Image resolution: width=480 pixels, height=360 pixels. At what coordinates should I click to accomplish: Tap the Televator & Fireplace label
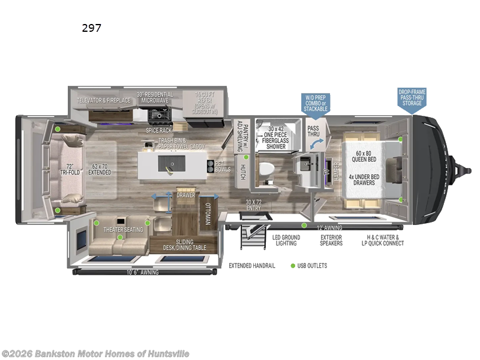[x=103, y=100]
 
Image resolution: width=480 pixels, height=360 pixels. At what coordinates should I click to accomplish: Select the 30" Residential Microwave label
[x=155, y=98]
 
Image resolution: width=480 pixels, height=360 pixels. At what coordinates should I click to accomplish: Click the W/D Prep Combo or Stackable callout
[x=316, y=103]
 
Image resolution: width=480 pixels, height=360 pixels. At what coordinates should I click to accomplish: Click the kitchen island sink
[x=165, y=162]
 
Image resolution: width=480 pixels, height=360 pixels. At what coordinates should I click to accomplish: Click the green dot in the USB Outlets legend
[x=293, y=265]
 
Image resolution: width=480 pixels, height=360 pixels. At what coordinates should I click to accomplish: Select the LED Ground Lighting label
[x=286, y=240]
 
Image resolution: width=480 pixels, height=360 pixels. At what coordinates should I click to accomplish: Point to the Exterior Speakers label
[x=331, y=240]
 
